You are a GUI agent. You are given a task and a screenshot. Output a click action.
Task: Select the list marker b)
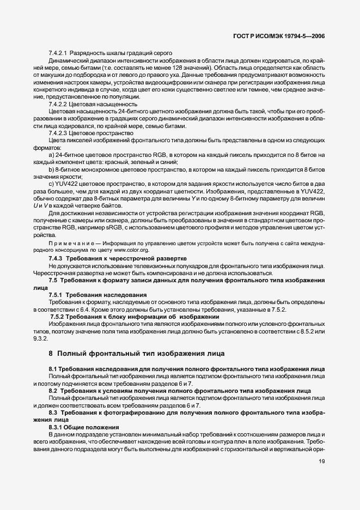[x=52, y=171]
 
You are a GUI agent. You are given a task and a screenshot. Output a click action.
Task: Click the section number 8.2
[x=53, y=390]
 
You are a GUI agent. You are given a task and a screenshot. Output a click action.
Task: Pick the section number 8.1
[x=53, y=369]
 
